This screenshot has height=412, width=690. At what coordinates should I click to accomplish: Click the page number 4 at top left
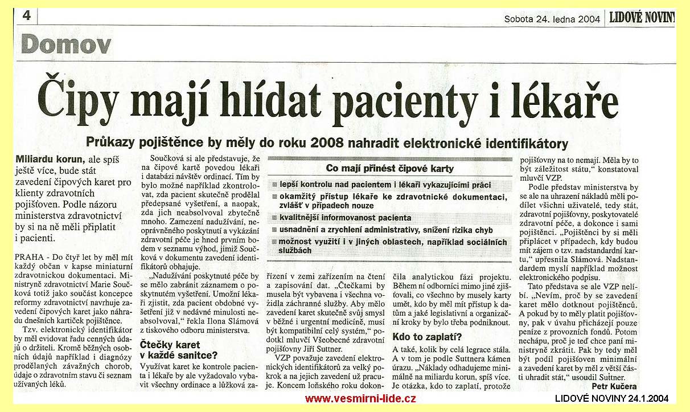[26, 16]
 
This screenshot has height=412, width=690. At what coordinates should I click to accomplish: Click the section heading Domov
[66, 44]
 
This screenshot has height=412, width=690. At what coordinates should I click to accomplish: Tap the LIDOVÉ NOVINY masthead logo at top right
[642, 18]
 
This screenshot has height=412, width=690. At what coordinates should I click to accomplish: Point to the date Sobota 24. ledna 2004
[552, 19]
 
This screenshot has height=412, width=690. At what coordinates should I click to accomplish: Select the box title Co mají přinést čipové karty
[390, 168]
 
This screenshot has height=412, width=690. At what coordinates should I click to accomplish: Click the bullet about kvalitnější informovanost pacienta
[345, 218]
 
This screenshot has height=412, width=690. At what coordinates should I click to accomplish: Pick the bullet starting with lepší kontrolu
[384, 185]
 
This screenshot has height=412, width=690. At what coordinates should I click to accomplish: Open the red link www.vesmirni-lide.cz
[360, 398]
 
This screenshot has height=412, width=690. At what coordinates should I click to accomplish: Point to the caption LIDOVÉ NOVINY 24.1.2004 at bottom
[612, 398]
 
